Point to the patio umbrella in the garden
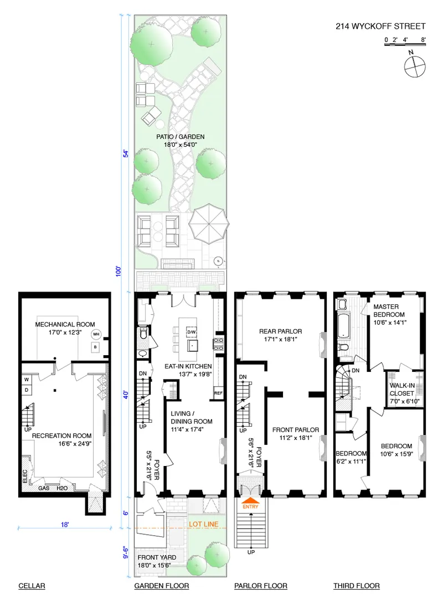[x=209, y=225]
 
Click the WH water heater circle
[x=96, y=334]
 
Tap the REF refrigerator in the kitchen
[x=218, y=394]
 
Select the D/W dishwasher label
[x=192, y=332]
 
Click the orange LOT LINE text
[x=203, y=524]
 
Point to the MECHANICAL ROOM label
[x=65, y=325]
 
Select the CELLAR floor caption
[x=31, y=586]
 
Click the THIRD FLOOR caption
[x=356, y=586]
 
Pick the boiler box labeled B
[x=96, y=347]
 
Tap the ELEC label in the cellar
[x=25, y=477]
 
